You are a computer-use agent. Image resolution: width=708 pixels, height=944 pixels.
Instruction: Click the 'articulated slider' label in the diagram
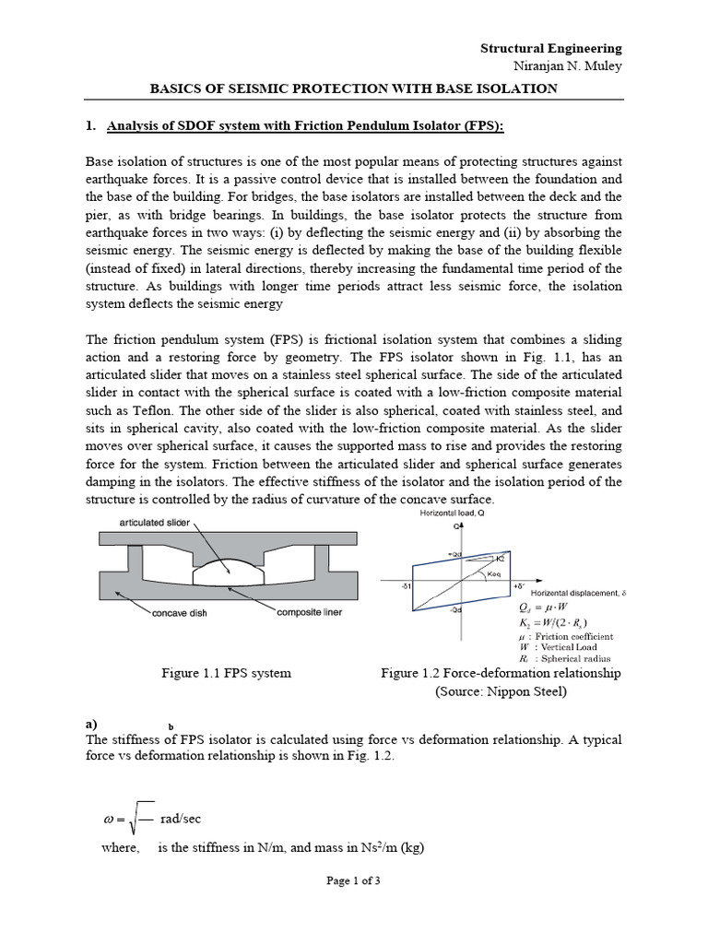pyautogui.click(x=153, y=522)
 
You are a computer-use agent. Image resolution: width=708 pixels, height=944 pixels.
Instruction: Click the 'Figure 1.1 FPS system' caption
pyautogui.click(x=226, y=673)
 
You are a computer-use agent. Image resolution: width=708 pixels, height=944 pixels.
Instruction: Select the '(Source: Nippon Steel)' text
pyautogui.click(x=501, y=691)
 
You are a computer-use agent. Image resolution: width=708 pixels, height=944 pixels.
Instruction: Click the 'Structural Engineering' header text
pyautogui.click(x=551, y=48)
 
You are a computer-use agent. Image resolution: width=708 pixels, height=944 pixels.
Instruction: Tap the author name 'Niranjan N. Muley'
pyautogui.click(x=566, y=66)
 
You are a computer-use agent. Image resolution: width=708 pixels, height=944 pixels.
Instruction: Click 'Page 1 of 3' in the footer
pyautogui.click(x=353, y=880)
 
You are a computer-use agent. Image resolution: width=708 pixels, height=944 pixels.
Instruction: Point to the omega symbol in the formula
pyautogui.click(x=109, y=819)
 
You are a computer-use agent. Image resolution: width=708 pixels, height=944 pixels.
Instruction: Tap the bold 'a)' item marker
pyautogui.click(x=91, y=724)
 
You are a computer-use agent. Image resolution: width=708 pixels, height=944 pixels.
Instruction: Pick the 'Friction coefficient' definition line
pyautogui.click(x=572, y=636)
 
